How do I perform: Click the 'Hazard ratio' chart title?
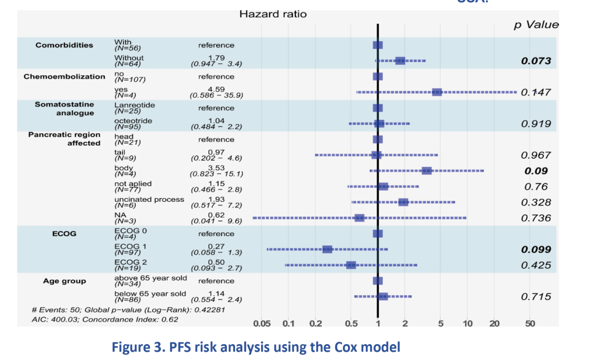coord(273,14)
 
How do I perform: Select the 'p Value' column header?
coord(536,25)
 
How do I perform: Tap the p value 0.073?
coord(536,61)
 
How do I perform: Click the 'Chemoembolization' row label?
coord(64,77)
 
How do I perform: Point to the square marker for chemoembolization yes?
coord(437,92)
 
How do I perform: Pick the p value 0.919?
coord(536,124)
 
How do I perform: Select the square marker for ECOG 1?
coord(327,249)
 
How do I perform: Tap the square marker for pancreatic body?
coord(427,171)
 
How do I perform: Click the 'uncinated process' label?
coord(149,199)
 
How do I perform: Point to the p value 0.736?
coord(536,218)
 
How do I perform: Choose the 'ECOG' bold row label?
coord(65,234)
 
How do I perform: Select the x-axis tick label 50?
coord(530,323)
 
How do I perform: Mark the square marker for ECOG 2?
coord(351,265)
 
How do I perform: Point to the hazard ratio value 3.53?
coord(217,167)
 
